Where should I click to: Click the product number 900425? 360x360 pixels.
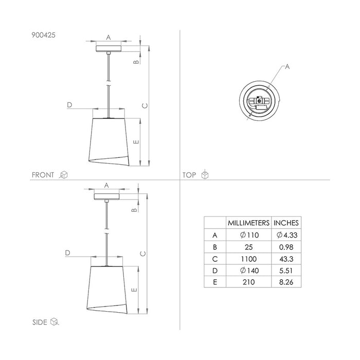tap(43, 35)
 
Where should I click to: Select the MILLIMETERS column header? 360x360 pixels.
tap(248, 223)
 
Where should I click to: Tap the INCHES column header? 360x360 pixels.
tap(286, 223)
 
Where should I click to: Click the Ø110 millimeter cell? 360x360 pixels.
tap(249, 235)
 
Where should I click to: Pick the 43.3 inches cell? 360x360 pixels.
tap(286, 259)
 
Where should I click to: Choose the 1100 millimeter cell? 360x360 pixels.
tap(248, 259)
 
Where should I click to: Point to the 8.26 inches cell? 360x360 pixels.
tap(286, 282)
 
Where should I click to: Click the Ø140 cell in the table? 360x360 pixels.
tap(249, 271)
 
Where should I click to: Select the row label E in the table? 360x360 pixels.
tap(215, 282)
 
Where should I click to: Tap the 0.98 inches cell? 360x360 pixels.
tap(286, 247)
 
